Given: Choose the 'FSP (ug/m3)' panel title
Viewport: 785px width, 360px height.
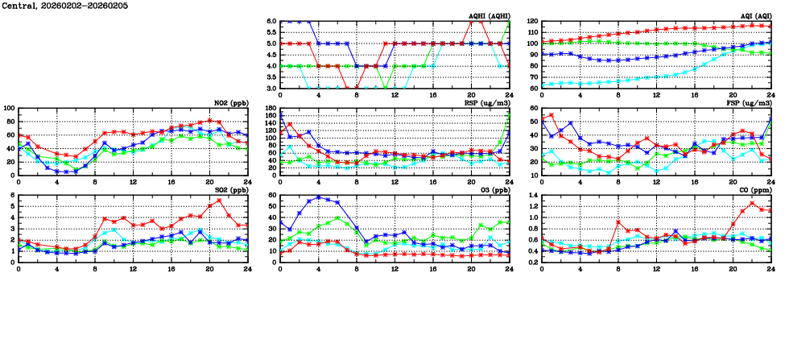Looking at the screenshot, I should click(x=751, y=103).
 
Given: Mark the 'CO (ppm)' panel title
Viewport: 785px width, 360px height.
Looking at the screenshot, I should click(x=754, y=191).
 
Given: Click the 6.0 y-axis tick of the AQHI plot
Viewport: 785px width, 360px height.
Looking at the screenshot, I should click(x=271, y=21).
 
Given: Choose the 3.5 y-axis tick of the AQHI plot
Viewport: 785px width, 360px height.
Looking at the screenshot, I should click(x=271, y=77).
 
